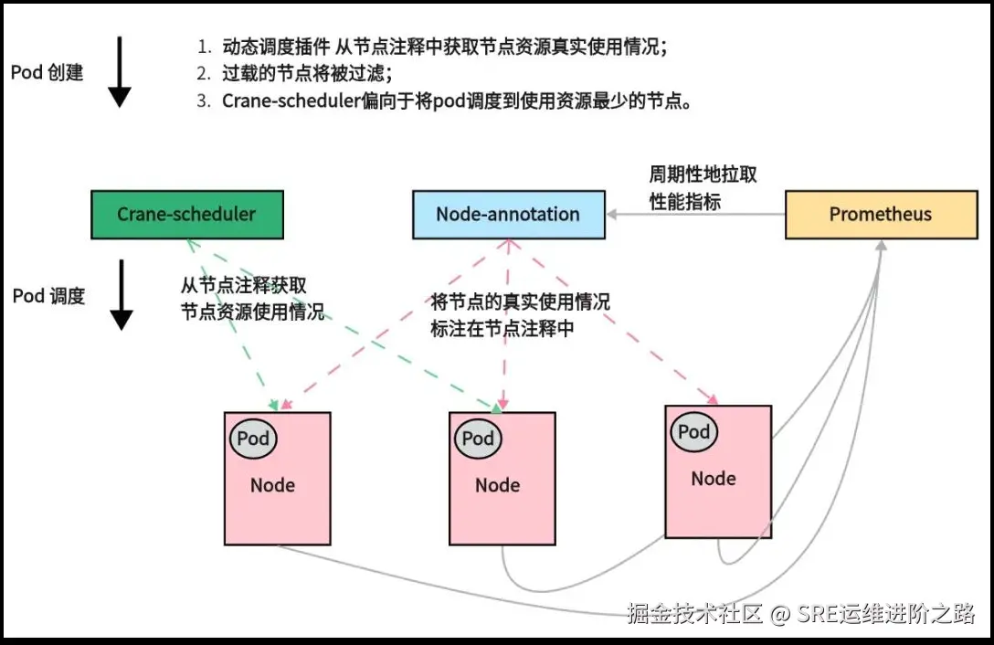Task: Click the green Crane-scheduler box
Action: (186, 215)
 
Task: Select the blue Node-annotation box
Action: (508, 215)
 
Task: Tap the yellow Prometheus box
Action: (880, 215)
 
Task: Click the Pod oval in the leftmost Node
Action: (253, 439)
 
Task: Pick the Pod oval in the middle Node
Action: (478, 439)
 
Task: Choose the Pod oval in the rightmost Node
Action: (694, 432)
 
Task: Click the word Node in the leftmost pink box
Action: (272, 485)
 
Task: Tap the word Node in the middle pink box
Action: (497, 485)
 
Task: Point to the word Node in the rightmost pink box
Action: (714, 479)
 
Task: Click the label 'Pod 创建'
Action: (48, 72)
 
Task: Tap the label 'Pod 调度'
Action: (49, 296)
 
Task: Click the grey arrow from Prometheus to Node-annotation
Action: (694, 215)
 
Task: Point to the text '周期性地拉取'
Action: (703, 175)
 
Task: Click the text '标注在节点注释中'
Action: (502, 329)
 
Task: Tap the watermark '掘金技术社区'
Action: (694, 613)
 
